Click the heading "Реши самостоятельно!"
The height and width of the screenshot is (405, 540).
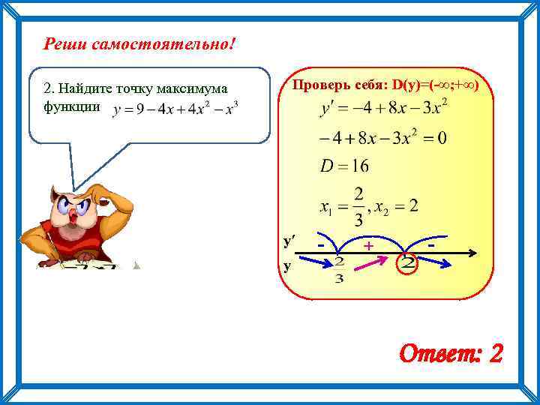point(139,45)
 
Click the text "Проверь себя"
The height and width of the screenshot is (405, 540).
point(337,85)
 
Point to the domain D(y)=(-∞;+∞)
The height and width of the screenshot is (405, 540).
point(433,85)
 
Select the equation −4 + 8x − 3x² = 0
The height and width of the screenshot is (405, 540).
point(382,138)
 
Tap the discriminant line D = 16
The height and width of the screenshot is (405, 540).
point(344,166)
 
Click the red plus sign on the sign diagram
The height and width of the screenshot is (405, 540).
point(368,246)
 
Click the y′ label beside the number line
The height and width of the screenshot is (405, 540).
point(289,241)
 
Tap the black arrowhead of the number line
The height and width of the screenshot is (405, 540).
point(473,253)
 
